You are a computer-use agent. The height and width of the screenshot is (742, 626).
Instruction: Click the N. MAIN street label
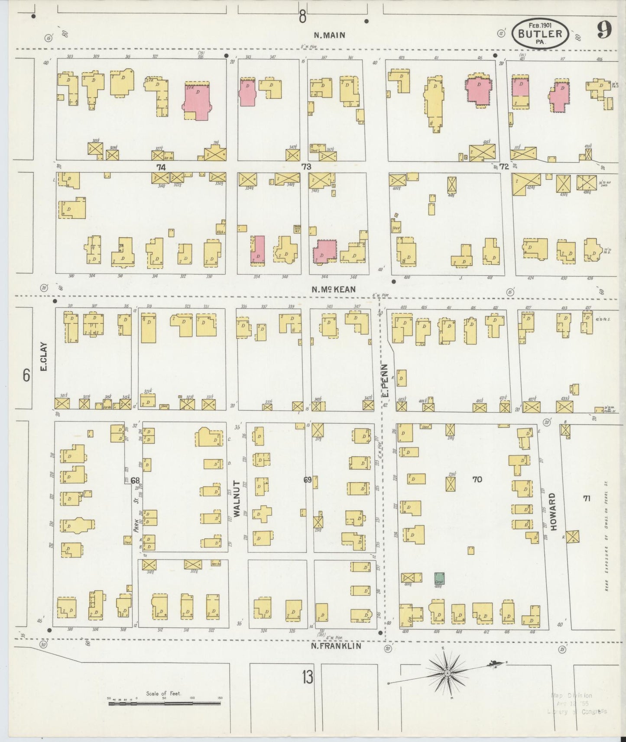(x=330, y=35)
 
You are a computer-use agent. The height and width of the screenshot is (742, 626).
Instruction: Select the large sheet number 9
(x=605, y=30)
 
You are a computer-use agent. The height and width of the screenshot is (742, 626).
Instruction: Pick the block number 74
(x=161, y=166)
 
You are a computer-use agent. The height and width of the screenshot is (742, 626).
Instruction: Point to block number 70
(x=477, y=479)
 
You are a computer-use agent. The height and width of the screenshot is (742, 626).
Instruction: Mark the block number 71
(x=587, y=498)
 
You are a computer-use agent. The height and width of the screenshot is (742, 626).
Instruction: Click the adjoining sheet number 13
(x=308, y=677)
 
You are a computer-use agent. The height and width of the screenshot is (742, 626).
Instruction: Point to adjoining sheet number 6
(x=27, y=375)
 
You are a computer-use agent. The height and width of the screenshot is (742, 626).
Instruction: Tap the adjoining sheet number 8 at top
(x=302, y=17)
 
